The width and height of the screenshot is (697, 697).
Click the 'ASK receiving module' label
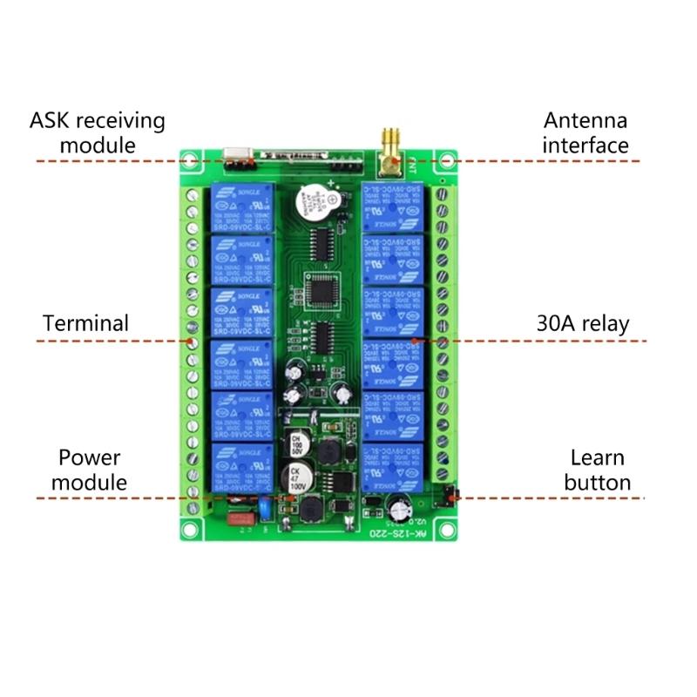click(98, 132)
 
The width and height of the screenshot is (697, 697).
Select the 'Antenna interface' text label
click(585, 132)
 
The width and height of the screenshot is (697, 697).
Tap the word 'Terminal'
click(85, 323)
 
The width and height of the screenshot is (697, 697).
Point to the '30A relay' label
click(582, 324)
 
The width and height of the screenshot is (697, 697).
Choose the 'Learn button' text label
click(597, 470)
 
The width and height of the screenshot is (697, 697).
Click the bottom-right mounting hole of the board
click(446, 531)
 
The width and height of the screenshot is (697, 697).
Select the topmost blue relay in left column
click(240, 207)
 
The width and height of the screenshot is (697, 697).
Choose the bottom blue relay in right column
click(394, 468)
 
